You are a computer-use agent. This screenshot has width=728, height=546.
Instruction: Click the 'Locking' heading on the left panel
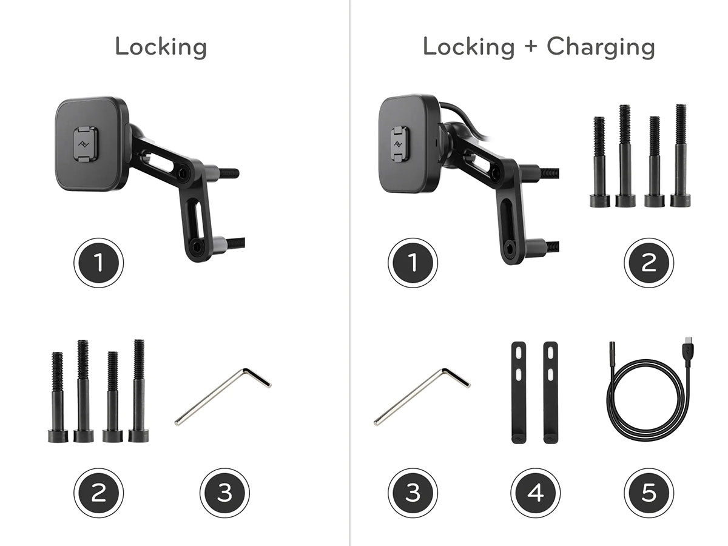point(161,48)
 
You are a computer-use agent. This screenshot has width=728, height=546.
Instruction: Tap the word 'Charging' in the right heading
point(601,48)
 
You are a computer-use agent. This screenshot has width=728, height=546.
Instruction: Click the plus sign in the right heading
point(531,45)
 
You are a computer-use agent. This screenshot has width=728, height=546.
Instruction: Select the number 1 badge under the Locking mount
point(98,263)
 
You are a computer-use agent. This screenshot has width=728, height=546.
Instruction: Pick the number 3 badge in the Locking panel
point(224,493)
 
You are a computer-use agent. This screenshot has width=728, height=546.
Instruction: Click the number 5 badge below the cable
point(649,493)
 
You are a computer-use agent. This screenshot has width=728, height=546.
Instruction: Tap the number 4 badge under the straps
point(535,493)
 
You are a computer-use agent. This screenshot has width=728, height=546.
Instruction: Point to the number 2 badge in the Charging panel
point(649,263)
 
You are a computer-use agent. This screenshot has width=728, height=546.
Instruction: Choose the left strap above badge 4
point(519,393)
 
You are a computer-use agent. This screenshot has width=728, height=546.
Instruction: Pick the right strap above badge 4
point(551,393)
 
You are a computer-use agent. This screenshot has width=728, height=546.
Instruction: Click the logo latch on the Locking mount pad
point(86,144)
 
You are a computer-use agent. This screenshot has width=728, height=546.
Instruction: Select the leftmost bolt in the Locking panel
point(58,397)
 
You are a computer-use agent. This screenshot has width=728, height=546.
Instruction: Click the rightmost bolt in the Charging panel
point(681,156)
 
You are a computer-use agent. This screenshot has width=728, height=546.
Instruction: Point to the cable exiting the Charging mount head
point(464,116)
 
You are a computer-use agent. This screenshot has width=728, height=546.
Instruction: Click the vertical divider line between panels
point(350,273)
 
